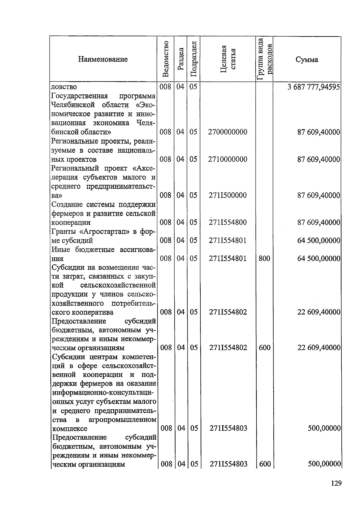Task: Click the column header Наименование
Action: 103,59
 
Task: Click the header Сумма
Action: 307,59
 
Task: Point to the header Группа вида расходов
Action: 265,59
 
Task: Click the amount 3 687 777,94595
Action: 313,87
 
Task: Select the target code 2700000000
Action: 228,132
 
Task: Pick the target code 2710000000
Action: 228,159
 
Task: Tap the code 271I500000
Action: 228,195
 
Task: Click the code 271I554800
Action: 228,222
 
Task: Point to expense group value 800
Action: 264,258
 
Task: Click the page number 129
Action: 336,483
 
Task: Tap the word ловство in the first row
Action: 64,87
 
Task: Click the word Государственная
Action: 79,96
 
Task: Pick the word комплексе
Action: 69,429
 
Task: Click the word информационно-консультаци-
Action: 104,393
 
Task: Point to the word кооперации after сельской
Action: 71,223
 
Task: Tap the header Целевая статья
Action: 228,59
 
